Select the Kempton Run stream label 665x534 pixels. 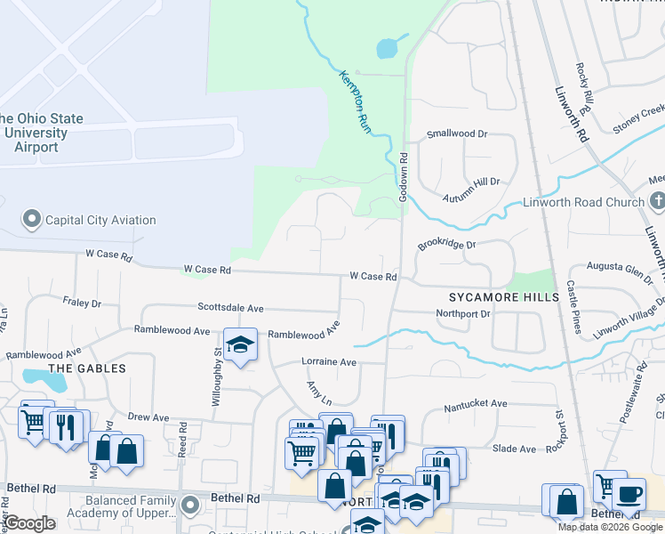pyautogui.click(x=355, y=102)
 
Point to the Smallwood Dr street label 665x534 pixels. pyautogui.click(x=457, y=133)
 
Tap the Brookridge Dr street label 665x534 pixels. pyautogui.click(x=447, y=243)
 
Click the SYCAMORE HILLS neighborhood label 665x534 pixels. pyautogui.click(x=503, y=296)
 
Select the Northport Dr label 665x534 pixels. pyautogui.click(x=463, y=313)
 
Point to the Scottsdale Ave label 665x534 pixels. pyautogui.click(x=230, y=308)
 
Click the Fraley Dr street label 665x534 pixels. pyautogui.click(x=82, y=303)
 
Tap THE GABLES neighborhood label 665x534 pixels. pyautogui.click(x=86, y=368)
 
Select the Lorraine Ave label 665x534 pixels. pyautogui.click(x=329, y=362)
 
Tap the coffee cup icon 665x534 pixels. pyautogui.click(x=629, y=494)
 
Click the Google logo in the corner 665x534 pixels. pyautogui.click(x=30, y=523)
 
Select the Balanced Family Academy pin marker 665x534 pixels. pyautogui.click(x=188, y=506)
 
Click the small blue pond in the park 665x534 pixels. pyautogui.click(x=388, y=48)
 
